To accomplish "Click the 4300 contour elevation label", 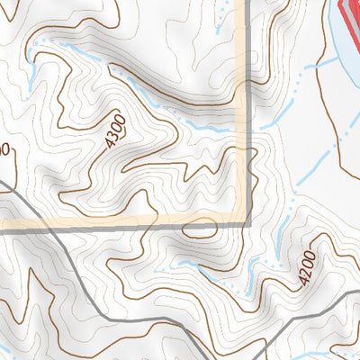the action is tap(115, 131).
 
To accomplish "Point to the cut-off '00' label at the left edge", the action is tap(4, 149).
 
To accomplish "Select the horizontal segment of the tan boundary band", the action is tap(117, 221).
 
